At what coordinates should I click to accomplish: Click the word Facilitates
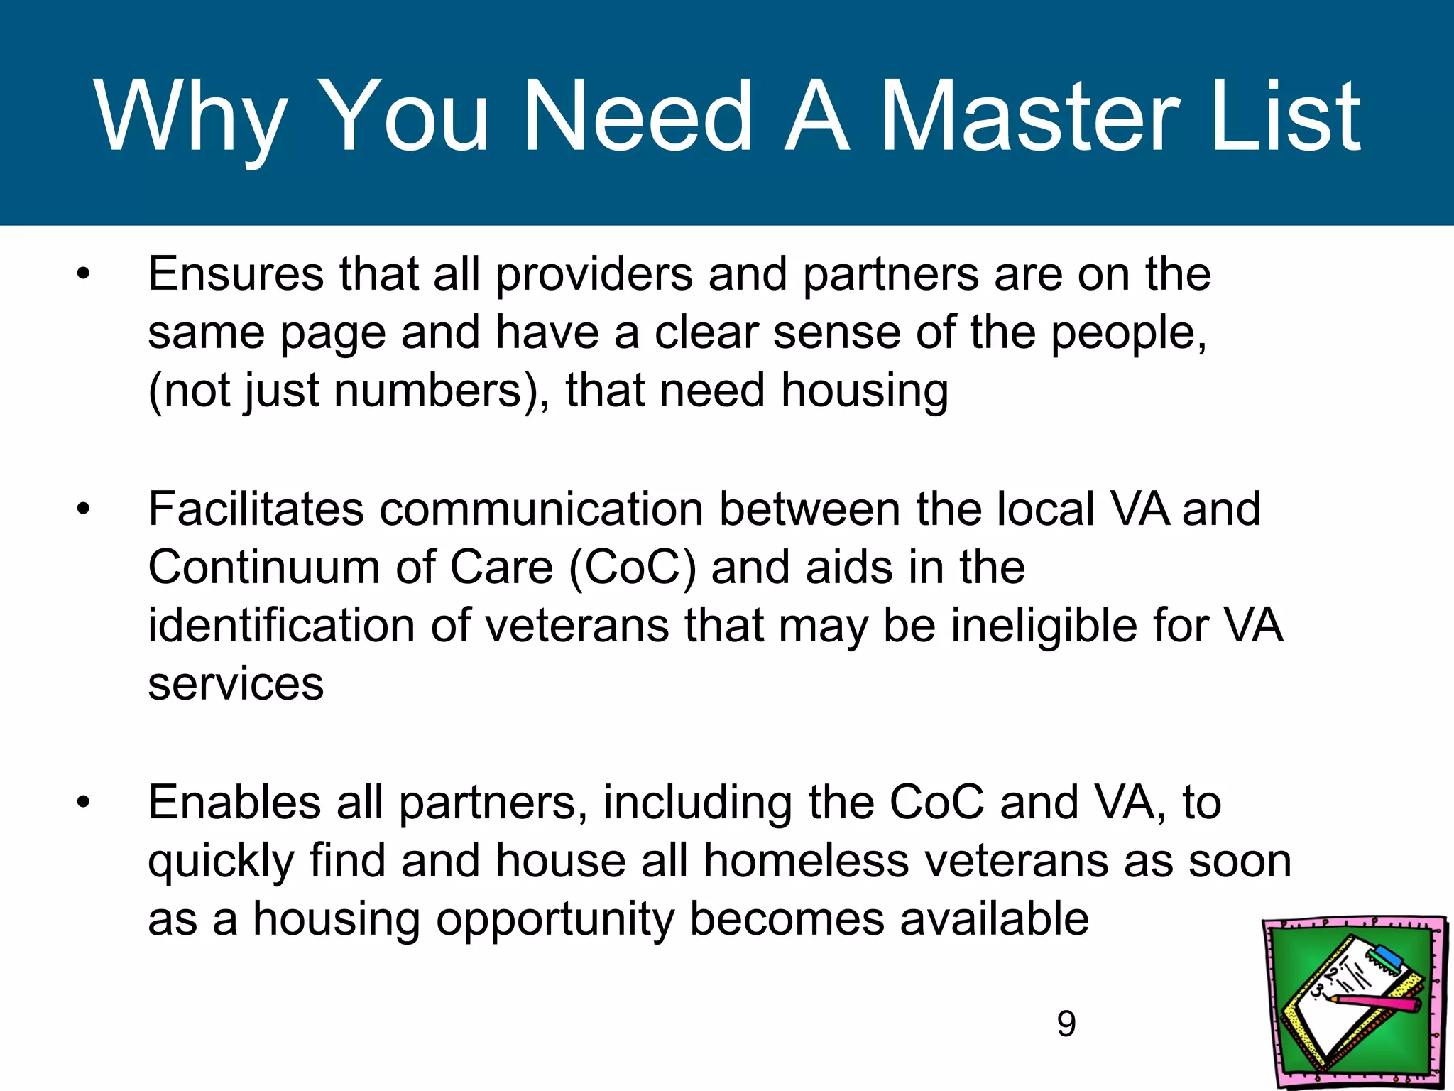[256, 509]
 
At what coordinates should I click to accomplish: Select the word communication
[541, 509]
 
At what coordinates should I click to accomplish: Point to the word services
[236, 685]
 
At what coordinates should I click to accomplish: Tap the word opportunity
[554, 920]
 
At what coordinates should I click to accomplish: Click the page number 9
[1066, 1024]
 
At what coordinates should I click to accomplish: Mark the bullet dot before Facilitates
[84, 509]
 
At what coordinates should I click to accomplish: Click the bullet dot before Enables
[84, 803]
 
